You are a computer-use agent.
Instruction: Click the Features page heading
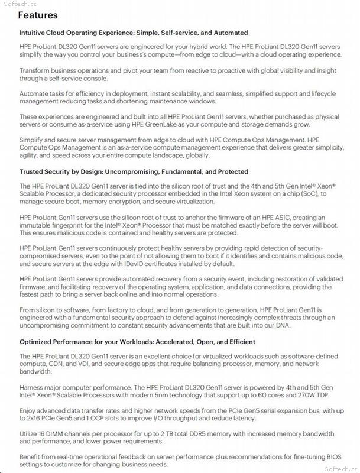38,15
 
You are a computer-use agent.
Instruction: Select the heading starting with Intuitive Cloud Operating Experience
134,33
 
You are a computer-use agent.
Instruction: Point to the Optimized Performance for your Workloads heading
137,342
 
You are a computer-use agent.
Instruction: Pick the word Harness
33,385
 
